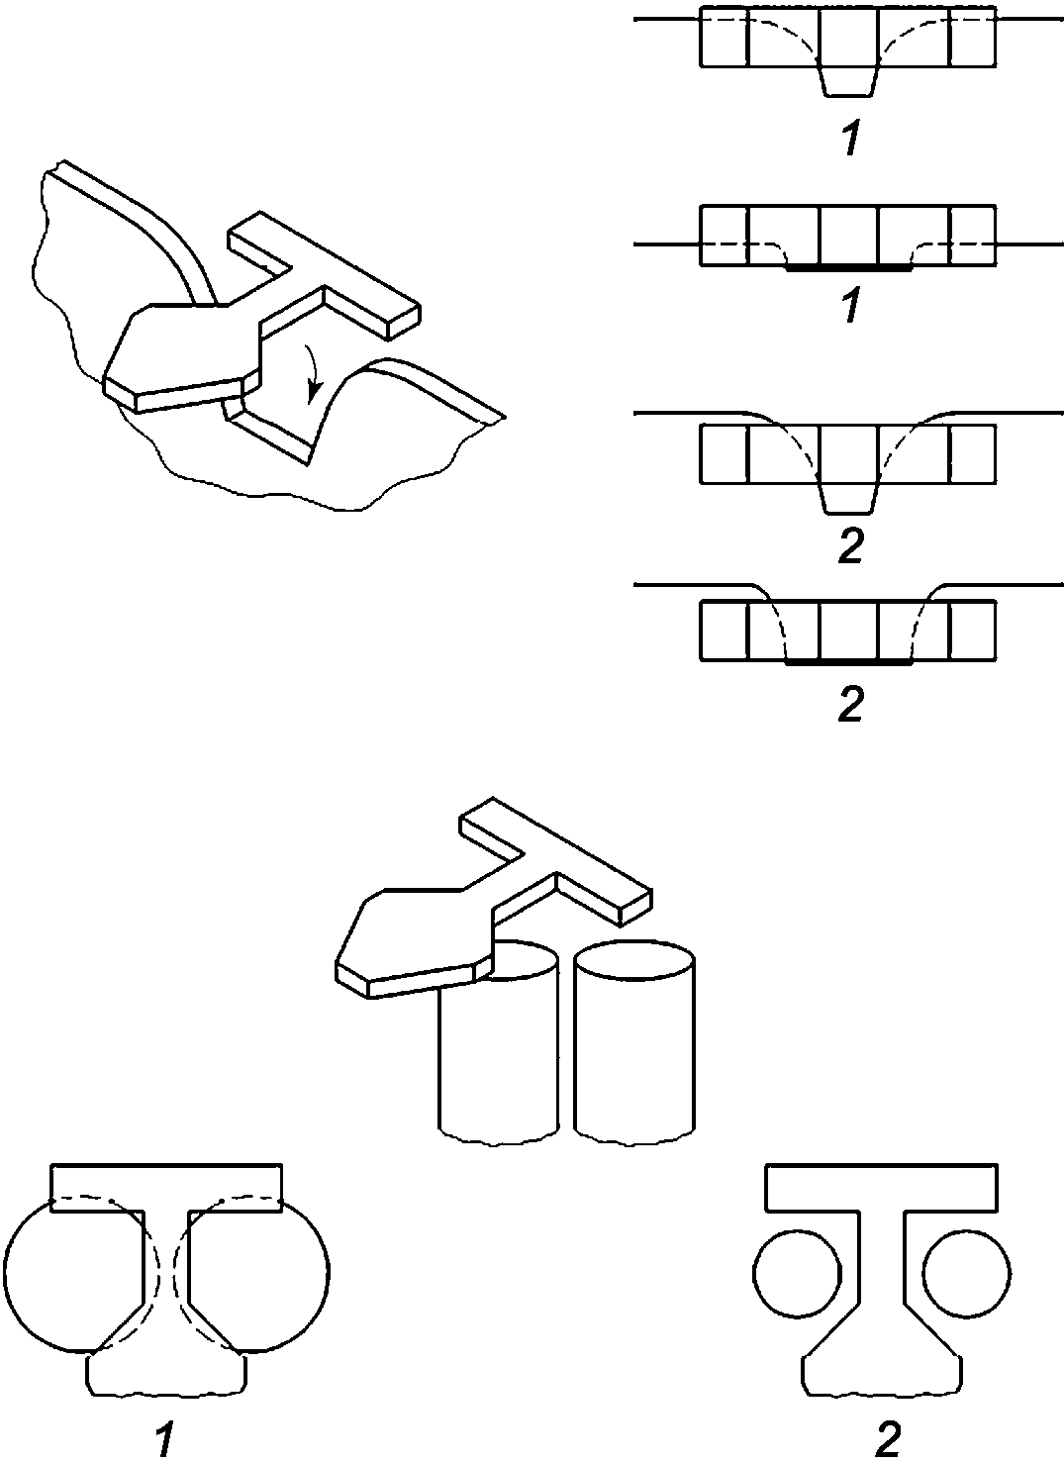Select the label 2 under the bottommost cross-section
tap(850, 703)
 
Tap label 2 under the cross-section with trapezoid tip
tap(850, 546)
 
